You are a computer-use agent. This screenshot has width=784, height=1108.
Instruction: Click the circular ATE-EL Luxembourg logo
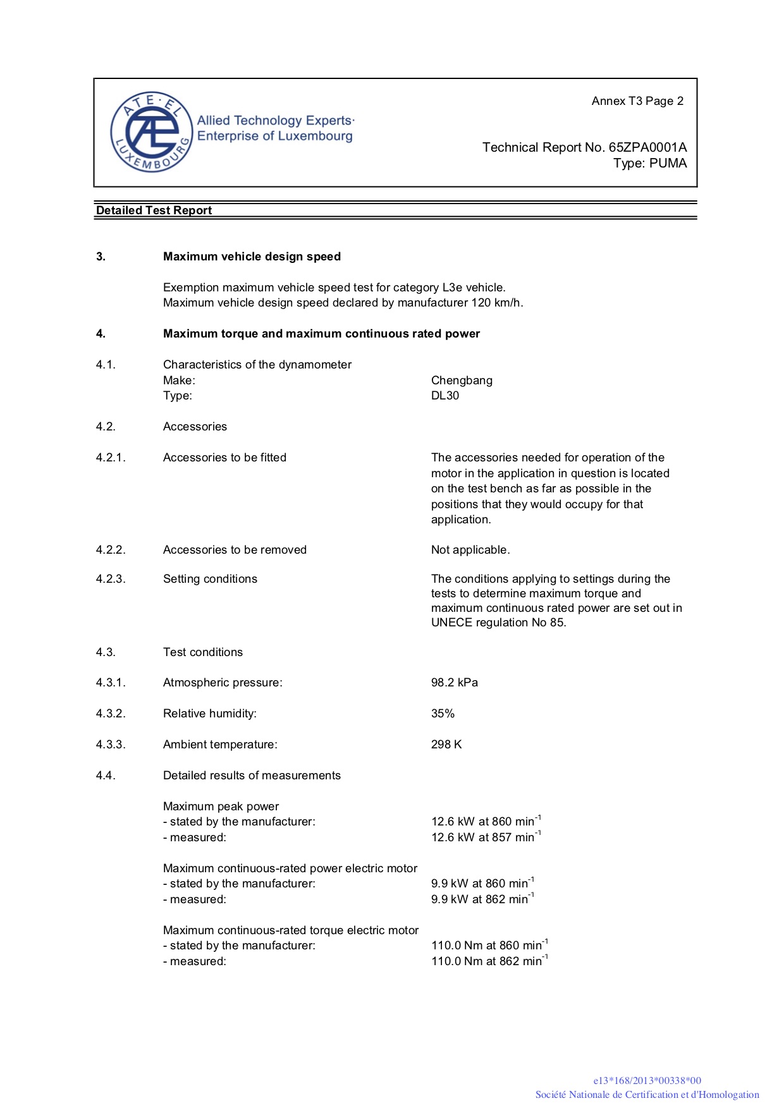tap(151, 132)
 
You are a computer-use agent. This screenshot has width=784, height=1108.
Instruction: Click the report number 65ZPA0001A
tap(647, 147)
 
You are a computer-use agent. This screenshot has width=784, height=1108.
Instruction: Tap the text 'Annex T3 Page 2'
tap(637, 101)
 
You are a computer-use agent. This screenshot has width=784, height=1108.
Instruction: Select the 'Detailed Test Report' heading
tap(154, 210)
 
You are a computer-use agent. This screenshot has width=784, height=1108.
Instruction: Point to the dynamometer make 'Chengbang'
tap(462, 380)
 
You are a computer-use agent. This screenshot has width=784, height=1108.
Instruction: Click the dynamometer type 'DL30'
tap(445, 396)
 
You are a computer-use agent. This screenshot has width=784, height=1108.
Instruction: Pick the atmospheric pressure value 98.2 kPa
tap(455, 683)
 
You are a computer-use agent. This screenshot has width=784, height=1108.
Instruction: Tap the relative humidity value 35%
tap(443, 714)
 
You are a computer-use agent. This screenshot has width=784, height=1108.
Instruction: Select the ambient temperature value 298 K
tap(446, 745)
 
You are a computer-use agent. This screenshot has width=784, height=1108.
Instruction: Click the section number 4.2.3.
tap(111, 579)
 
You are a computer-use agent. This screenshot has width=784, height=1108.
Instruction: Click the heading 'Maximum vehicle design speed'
tap(252, 257)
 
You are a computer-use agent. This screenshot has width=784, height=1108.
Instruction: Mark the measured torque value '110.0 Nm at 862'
tap(487, 961)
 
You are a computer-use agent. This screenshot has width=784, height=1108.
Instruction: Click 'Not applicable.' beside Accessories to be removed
tap(470, 550)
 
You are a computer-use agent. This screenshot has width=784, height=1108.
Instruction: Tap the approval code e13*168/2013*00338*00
tap(647, 1081)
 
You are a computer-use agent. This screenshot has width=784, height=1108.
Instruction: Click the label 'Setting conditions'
tap(210, 579)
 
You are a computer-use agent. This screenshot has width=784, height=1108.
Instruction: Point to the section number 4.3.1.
tap(111, 683)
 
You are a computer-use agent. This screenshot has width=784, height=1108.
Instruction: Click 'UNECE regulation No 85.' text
tap(498, 623)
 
